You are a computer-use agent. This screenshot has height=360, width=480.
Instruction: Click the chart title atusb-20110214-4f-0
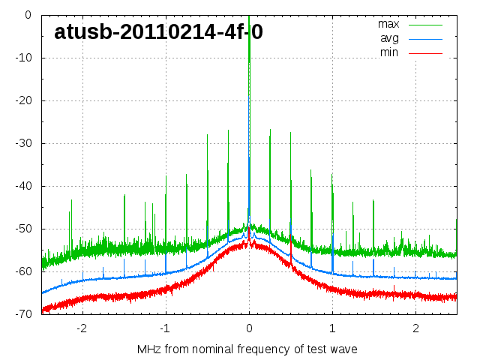[x=158, y=31]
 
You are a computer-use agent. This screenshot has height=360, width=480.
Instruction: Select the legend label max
[x=388, y=24]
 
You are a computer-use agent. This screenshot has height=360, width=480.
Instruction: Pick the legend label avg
[x=389, y=38]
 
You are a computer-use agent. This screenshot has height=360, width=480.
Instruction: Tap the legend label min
[x=388, y=52]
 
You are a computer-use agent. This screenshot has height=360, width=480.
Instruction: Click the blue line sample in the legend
[x=425, y=38]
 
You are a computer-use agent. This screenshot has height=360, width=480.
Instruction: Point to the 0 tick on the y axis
[x=28, y=15]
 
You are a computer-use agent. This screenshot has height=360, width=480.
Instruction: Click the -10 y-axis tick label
[x=22, y=58]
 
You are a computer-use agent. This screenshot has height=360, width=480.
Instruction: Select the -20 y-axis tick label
[x=22, y=100]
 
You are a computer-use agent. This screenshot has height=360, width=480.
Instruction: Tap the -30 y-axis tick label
[x=22, y=143]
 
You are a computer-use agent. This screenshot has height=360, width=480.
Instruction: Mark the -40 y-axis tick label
[x=22, y=186]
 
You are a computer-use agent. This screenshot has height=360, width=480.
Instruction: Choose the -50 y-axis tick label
[x=22, y=229]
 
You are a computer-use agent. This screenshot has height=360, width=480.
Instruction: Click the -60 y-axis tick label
[x=22, y=271]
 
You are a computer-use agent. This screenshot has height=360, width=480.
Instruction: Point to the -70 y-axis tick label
[x=22, y=314]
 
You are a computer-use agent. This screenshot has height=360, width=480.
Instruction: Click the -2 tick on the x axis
[x=81, y=328]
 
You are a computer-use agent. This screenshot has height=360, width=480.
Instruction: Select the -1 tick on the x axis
[x=164, y=328]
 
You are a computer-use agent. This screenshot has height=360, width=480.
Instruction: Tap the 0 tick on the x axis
[x=249, y=328]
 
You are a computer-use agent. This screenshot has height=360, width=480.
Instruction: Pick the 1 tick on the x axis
[x=332, y=328]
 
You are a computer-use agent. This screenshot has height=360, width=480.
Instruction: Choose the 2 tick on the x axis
[x=415, y=328]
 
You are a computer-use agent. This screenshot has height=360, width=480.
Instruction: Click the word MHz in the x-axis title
[x=148, y=349]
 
